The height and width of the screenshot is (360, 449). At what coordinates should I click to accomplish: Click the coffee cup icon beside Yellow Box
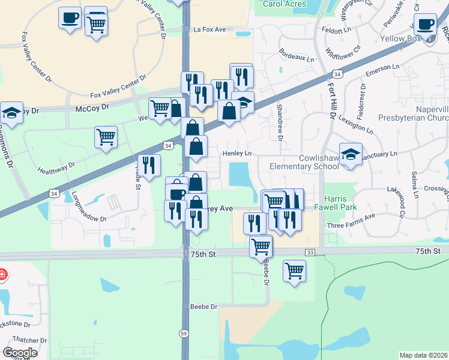pos(426,25)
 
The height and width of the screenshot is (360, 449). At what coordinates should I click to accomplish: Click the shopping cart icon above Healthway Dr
pos(106,137)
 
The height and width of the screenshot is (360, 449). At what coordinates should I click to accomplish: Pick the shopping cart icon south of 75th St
pos(294,271)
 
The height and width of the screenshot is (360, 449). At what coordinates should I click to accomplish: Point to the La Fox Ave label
pos(209,29)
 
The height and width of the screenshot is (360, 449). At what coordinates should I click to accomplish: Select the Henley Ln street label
pos(237,154)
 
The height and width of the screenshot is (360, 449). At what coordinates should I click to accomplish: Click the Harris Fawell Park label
pos(340,203)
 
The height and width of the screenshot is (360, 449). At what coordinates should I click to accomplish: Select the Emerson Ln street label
pos(383,70)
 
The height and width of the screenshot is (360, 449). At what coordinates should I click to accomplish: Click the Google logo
pos(20,352)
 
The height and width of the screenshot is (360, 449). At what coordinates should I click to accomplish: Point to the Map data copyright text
pos(423,355)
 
